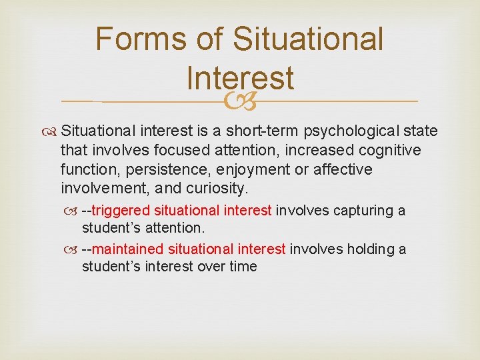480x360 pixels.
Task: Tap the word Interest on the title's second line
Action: (240, 77)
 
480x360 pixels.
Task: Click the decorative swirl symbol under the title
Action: (239, 101)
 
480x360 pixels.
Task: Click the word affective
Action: (343, 169)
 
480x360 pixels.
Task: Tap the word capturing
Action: (359, 211)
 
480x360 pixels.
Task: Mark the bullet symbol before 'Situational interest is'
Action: (51, 131)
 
